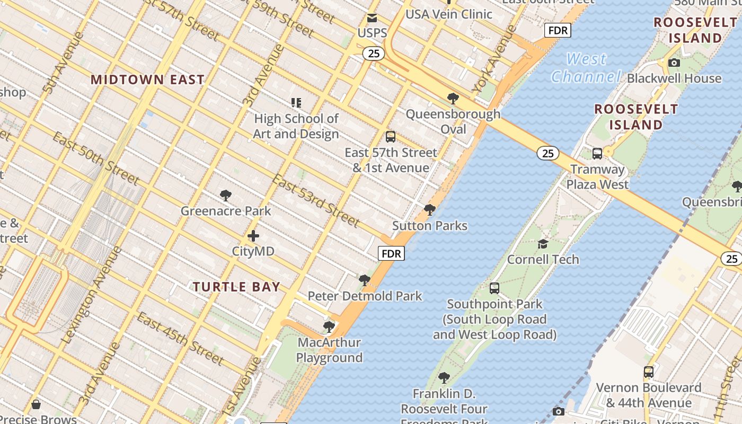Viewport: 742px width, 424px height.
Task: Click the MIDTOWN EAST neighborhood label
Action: click(147, 80)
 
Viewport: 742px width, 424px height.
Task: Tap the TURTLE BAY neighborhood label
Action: click(236, 287)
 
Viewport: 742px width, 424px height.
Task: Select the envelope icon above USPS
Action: click(372, 19)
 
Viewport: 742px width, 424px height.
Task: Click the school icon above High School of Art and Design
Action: click(296, 102)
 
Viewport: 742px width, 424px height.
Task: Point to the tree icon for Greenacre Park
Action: click(226, 196)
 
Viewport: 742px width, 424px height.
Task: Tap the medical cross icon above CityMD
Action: click(253, 236)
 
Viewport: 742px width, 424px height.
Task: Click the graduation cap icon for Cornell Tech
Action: click(543, 244)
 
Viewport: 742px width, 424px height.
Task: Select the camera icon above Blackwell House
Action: click(674, 63)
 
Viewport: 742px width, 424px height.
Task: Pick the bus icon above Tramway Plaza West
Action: click(597, 154)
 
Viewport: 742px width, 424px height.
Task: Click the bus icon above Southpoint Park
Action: click(494, 289)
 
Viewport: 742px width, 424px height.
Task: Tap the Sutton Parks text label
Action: click(430, 226)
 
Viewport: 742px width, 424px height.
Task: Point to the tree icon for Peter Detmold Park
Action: click(364, 280)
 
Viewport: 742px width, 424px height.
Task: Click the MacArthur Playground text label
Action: click(329, 350)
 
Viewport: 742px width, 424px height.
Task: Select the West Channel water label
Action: click(586, 68)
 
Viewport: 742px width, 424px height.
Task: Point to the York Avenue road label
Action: click(493, 60)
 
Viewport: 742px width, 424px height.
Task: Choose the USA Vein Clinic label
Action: click(449, 14)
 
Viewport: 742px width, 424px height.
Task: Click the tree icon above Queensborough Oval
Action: click(453, 99)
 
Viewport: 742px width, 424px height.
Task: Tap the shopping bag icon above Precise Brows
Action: click(36, 405)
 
